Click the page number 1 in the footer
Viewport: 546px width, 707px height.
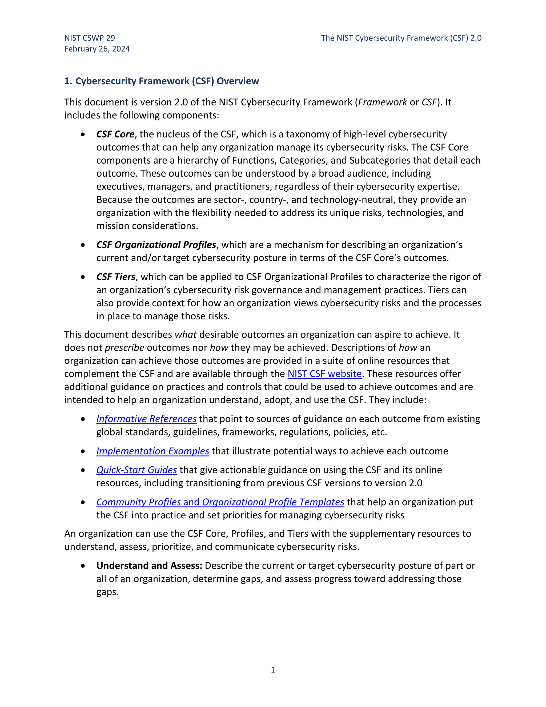[x=273, y=670]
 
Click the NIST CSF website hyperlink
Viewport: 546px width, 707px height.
[x=324, y=374]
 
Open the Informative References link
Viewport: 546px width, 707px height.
[x=146, y=419]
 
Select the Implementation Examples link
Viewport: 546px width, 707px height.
[x=153, y=451]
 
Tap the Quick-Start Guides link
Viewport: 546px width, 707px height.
[x=136, y=470]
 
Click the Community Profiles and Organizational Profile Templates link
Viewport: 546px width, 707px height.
[x=220, y=502]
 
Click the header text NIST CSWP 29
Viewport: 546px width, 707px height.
[x=90, y=38]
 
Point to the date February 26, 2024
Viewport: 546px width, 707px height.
[x=97, y=49]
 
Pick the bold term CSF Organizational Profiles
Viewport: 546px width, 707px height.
[x=156, y=245]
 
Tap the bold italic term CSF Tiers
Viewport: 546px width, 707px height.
[x=115, y=277]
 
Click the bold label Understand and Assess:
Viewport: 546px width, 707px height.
[x=149, y=566]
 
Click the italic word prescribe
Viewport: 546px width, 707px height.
[x=125, y=348]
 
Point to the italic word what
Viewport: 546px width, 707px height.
[x=185, y=334]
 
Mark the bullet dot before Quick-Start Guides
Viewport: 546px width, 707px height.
[x=83, y=470]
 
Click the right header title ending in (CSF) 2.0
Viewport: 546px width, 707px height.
[x=401, y=38]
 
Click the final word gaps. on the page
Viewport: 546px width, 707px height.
[x=107, y=592]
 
